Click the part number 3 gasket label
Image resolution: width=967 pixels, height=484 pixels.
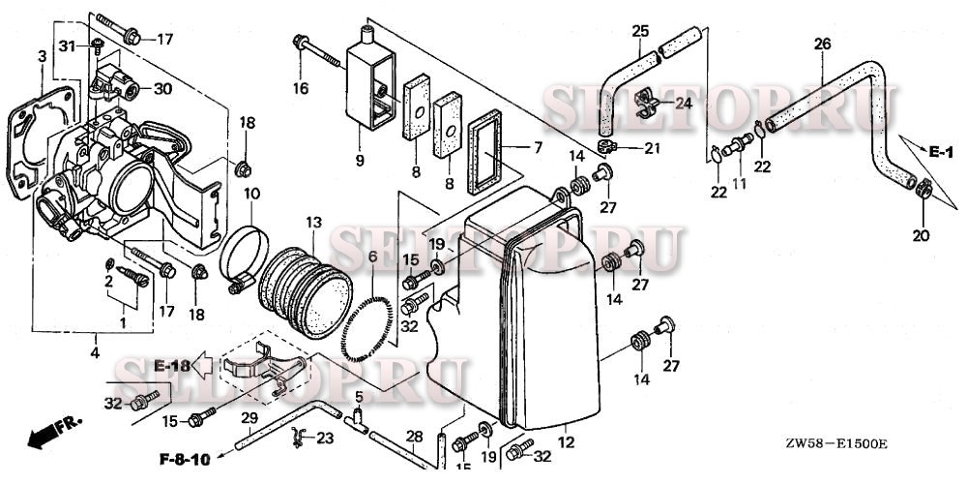coord(42,58)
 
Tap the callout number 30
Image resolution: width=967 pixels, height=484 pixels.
coord(161,88)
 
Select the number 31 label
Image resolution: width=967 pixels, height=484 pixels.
coord(67,45)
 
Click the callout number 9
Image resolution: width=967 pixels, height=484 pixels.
coord(359,160)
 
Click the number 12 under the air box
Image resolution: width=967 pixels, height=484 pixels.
coord(567,442)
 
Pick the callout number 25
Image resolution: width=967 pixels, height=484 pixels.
coord(640,32)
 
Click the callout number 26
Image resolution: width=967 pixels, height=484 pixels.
coord(822,45)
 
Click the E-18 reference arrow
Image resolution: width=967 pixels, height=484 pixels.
coord(183,365)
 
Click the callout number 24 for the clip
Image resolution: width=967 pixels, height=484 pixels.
coord(684,103)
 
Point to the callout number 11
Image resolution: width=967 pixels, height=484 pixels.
coord(740,185)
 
